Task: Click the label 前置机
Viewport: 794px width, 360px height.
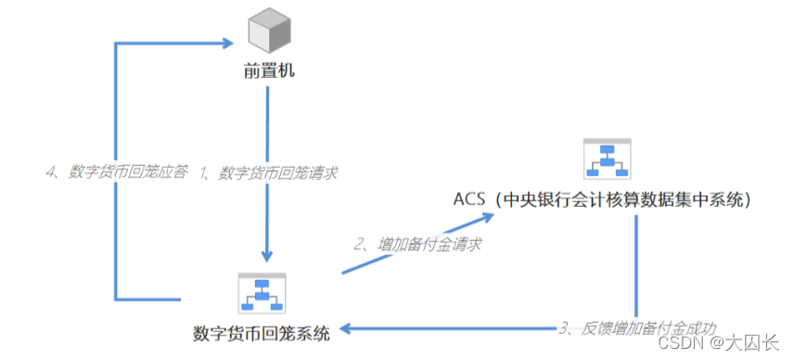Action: [269, 71]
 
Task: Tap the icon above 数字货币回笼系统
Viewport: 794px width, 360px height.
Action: [262, 294]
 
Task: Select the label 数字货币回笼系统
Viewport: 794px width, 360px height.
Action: [262, 334]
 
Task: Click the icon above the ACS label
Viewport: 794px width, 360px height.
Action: [608, 159]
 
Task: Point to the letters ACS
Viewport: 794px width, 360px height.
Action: [469, 199]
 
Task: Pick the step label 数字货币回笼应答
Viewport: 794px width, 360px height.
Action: [127, 173]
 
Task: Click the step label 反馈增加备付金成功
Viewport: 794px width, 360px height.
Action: [649, 328]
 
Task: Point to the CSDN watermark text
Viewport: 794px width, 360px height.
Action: [674, 343]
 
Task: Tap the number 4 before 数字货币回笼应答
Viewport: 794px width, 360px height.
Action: [51, 173]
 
